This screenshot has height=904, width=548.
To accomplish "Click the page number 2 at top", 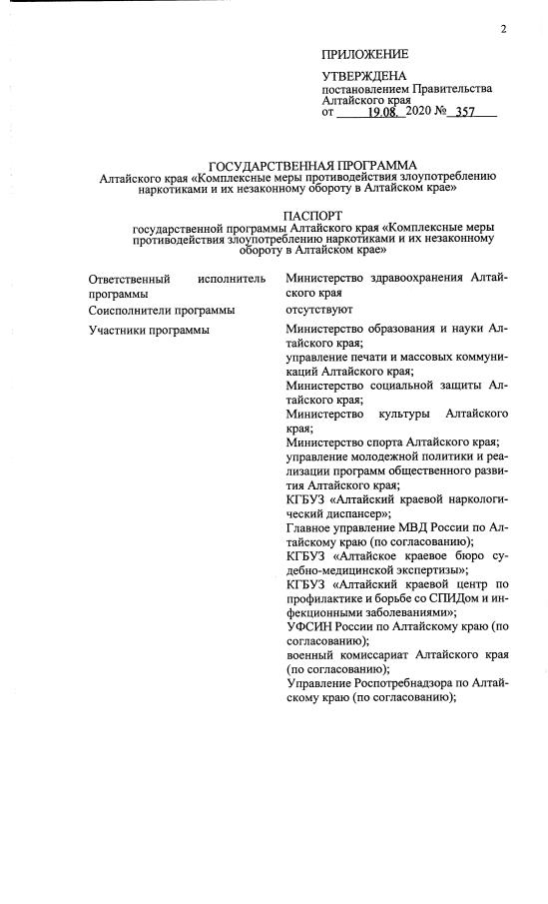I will (x=504, y=28).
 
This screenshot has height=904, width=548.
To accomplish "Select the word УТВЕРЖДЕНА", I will (x=364, y=77).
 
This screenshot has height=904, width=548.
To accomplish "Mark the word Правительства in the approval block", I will (x=449, y=89).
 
